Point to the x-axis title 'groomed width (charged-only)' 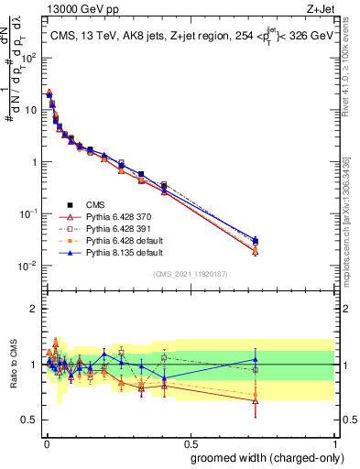click(x=262, y=457)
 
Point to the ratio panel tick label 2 click(x=32, y=308)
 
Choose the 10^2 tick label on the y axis click(x=26, y=57)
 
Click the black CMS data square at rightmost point click(x=256, y=242)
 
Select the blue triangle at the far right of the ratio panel click(x=256, y=359)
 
